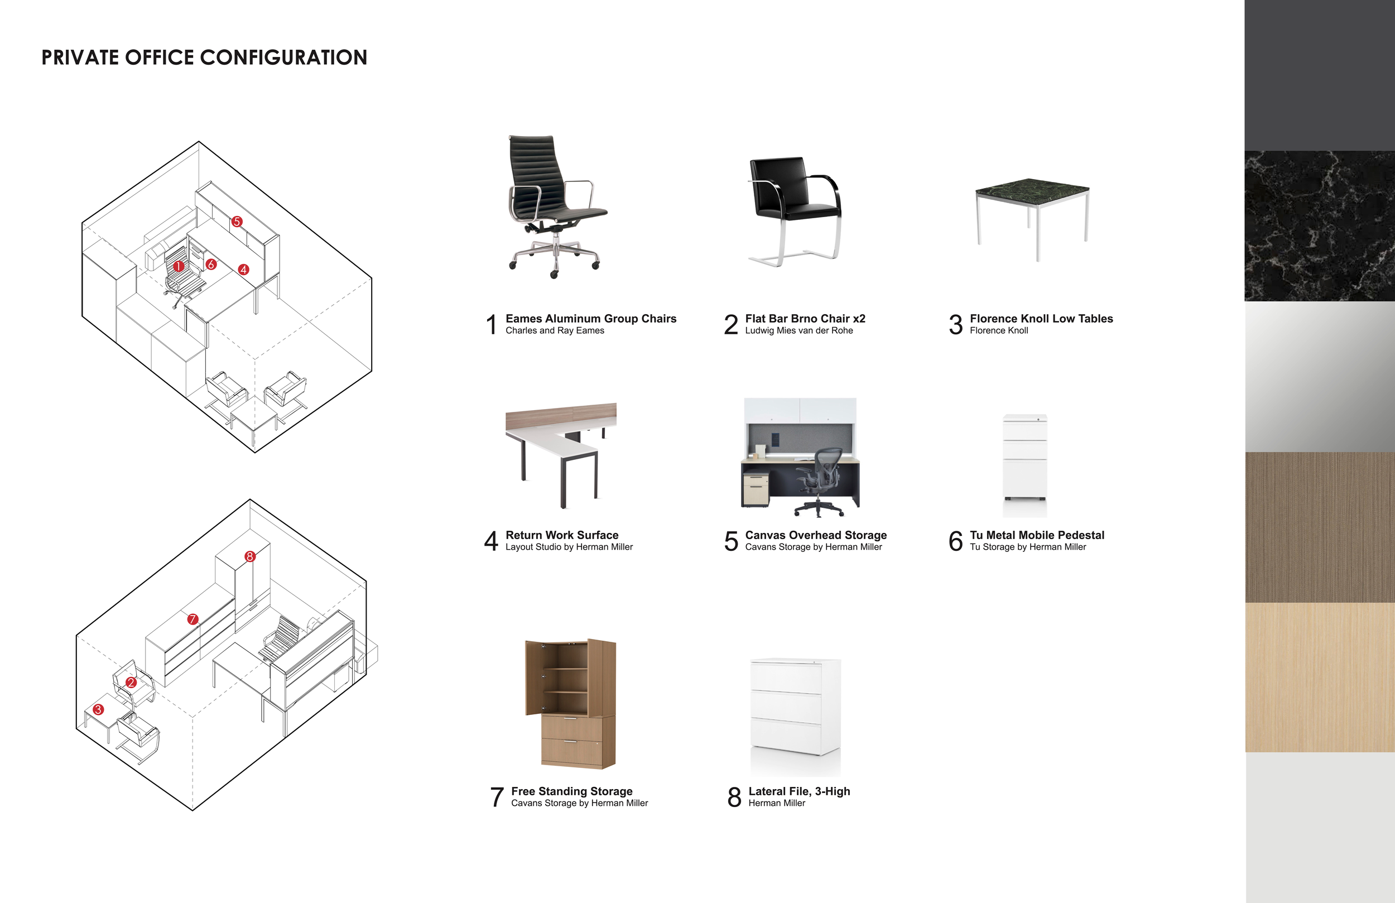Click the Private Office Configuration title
pos(204,57)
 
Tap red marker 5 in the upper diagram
pos(237,222)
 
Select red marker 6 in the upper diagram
pos(211,265)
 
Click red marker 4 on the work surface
pos(244,270)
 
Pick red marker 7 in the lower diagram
pos(193,619)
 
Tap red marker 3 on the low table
pos(98,709)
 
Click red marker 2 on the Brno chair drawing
pos(131,683)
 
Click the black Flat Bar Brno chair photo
pos(795,211)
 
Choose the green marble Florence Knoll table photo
pos(1032,217)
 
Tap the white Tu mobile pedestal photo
pos(1024,464)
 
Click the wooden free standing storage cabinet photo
pos(570,704)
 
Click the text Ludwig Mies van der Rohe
pos(798,331)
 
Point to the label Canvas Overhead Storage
pos(815,535)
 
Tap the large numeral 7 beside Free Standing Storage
pos(497,798)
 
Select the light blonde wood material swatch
pos(1319,678)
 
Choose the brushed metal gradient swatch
pos(1319,377)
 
